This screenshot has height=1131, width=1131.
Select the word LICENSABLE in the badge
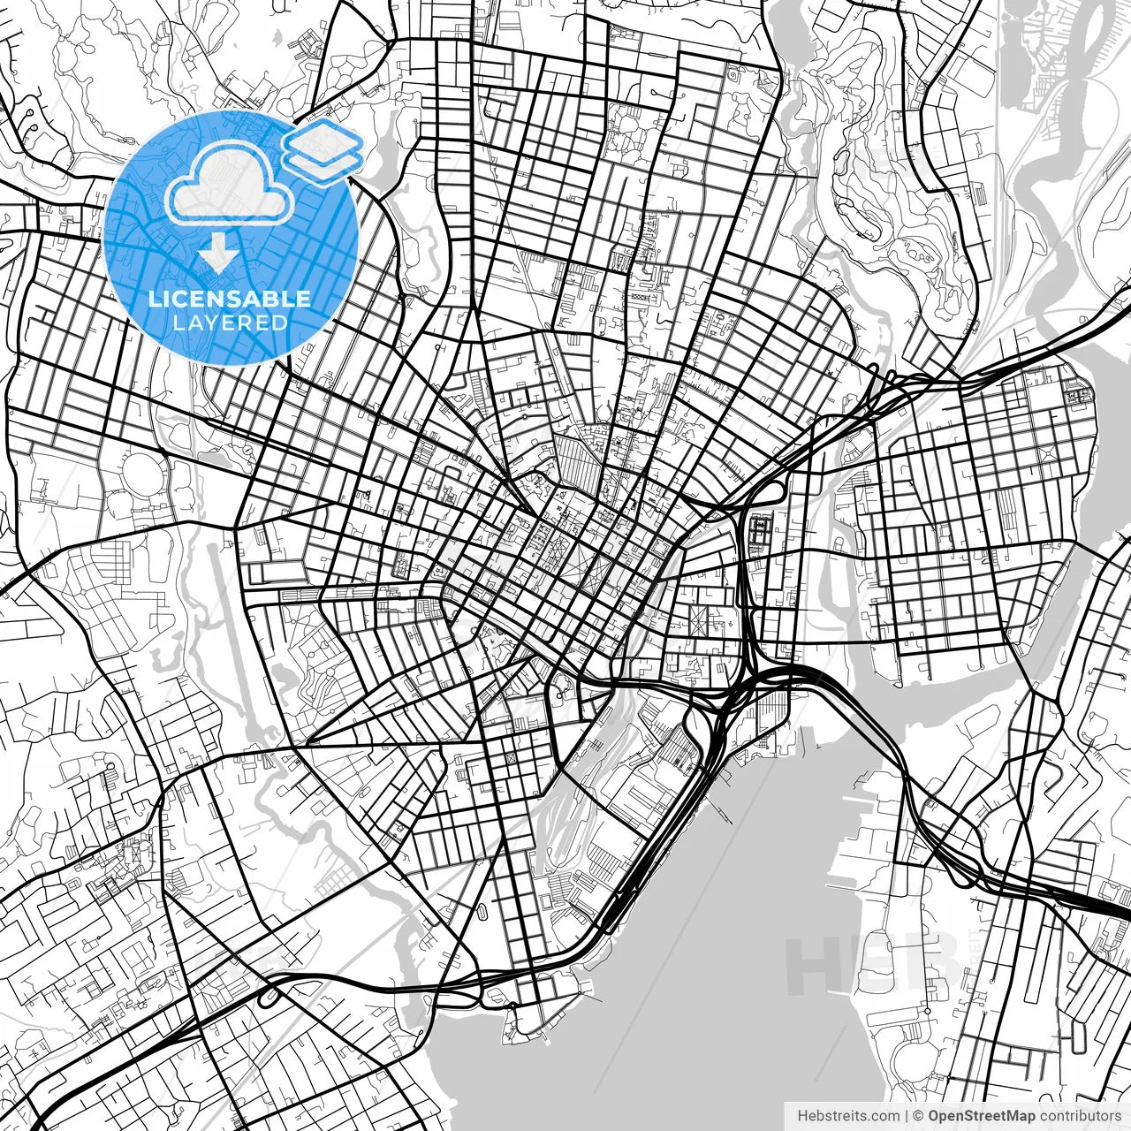pos(230,299)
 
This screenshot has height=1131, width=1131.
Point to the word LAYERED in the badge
pos(231,323)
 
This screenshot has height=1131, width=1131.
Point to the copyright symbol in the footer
pos(918,1116)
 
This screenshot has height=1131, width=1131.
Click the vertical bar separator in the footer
pos(907,1116)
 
